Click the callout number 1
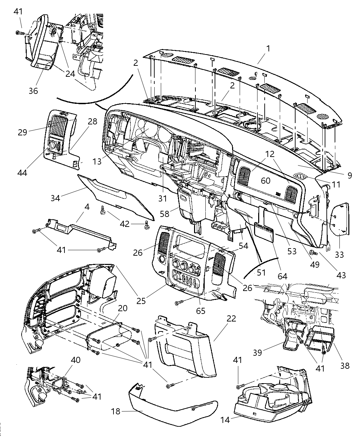click(268, 48)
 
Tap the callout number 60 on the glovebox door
click(266, 181)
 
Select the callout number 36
click(33, 91)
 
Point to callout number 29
click(23, 132)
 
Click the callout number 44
click(23, 172)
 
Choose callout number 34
click(56, 198)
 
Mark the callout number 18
click(116, 411)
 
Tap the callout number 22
click(231, 318)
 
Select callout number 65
click(201, 311)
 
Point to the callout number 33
click(340, 255)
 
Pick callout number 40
click(75, 360)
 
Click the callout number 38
click(345, 365)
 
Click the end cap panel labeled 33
click(340, 219)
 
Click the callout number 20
click(122, 308)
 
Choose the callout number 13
click(97, 161)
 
